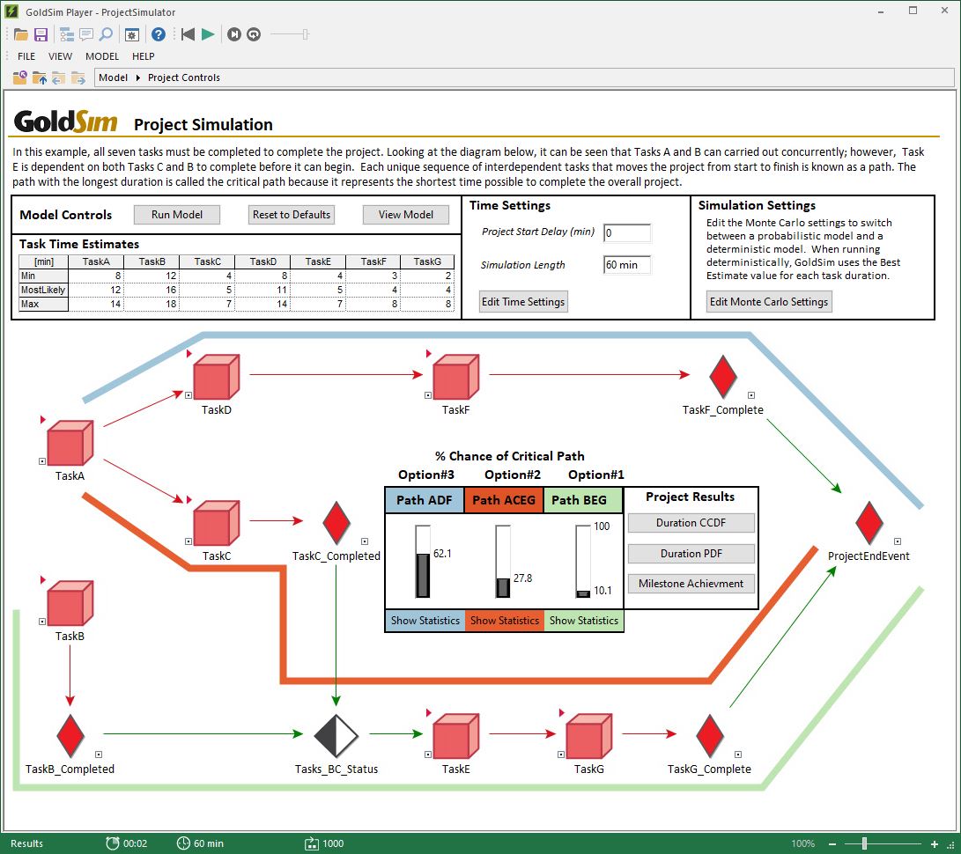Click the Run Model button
click(x=176, y=214)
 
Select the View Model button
click(x=405, y=214)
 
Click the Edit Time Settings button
click(x=523, y=302)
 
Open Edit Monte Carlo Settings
click(x=769, y=302)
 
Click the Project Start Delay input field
click(x=627, y=233)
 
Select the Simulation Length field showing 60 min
click(x=627, y=265)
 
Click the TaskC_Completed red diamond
click(x=336, y=524)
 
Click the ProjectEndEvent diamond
click(x=869, y=524)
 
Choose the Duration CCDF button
click(x=691, y=523)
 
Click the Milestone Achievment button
click(x=691, y=584)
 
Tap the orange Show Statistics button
click(x=505, y=621)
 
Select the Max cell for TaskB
click(x=152, y=304)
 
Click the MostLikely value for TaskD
click(x=262, y=290)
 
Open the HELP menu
click(x=143, y=56)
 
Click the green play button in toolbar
click(x=208, y=34)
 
